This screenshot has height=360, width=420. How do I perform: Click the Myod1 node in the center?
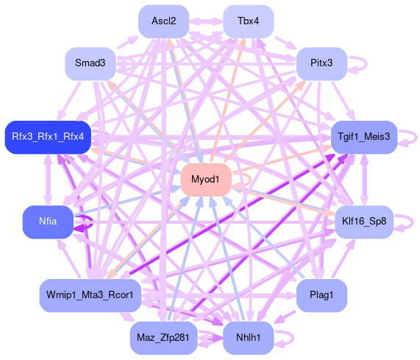pos(206,180)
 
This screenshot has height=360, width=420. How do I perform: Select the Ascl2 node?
pos(164,21)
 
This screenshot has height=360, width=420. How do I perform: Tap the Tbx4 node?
pos(249,21)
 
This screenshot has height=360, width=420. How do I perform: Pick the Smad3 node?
pos(90,63)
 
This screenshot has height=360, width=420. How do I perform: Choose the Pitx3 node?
pos(321,63)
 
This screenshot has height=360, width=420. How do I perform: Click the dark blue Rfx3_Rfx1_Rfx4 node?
pos(49,137)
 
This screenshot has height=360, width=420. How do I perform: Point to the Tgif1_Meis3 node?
pos(364,137)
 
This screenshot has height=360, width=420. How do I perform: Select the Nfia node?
pos(48,222)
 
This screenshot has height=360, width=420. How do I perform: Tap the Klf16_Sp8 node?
pos(364,222)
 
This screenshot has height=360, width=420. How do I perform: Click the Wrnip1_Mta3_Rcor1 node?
pos(90,295)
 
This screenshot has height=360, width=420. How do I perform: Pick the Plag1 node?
pos(321,295)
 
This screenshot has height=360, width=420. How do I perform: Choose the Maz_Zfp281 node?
pos(164,338)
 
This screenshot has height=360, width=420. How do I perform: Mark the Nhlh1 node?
pos(249,338)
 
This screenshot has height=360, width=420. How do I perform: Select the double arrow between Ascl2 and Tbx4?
pos(206,21)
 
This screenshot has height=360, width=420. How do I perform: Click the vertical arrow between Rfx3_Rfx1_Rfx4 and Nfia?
pos(49,180)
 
